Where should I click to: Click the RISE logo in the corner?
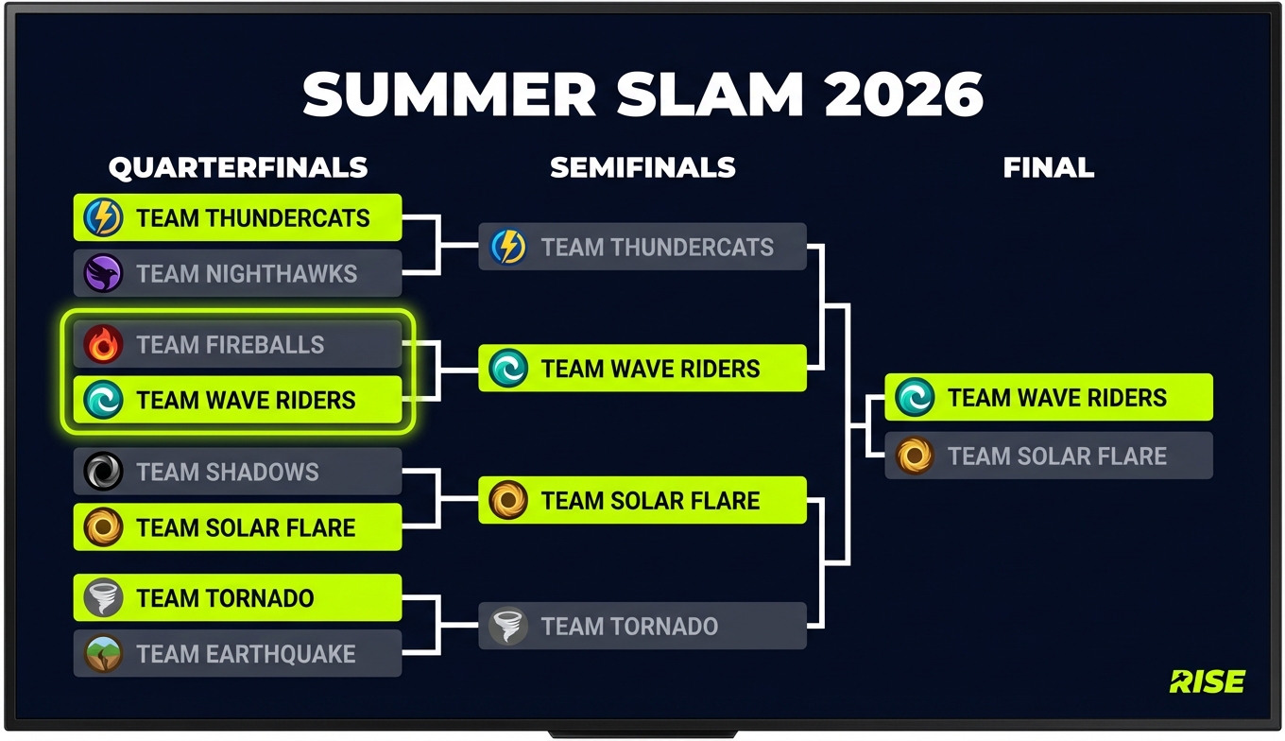1207,681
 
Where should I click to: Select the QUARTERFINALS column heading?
237,168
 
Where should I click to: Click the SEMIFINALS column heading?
642,168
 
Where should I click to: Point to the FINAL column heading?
1048,168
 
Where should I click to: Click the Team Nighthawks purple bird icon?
103,274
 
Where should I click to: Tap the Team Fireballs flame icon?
103,345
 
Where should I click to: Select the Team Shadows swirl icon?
103,472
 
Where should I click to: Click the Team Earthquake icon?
103,654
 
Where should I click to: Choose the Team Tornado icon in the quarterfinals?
103,598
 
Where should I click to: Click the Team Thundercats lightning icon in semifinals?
508,248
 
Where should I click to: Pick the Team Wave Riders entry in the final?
1048,397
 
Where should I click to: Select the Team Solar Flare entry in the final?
1048,456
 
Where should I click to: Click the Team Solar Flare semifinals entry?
642,500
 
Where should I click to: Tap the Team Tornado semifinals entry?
642,626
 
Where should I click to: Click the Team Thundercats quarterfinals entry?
237,218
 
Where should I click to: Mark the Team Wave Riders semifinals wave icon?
508,369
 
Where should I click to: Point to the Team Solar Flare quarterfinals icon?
103,527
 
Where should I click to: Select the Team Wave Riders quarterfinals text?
246,400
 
